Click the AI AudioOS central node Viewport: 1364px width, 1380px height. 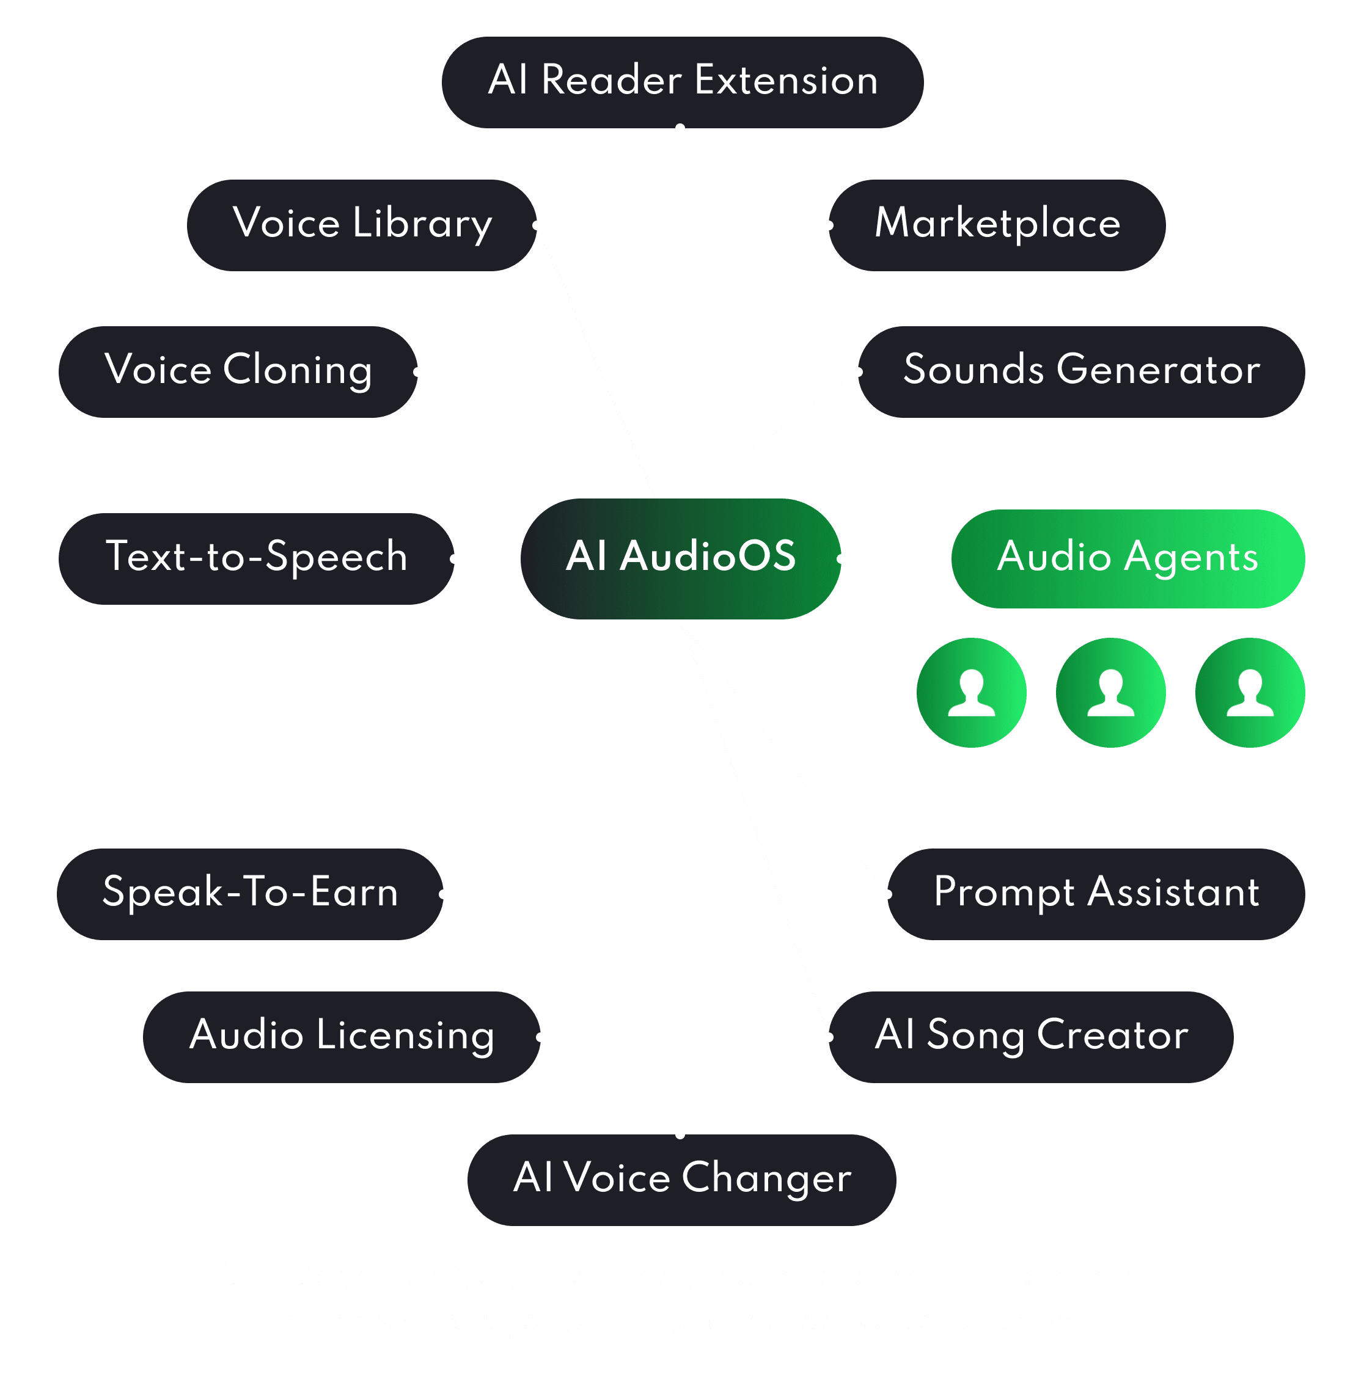680,558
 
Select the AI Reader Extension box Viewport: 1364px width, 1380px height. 683,82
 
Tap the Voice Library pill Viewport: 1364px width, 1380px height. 362,225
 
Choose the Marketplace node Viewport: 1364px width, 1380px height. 997,225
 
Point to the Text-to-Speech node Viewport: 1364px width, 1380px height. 256,558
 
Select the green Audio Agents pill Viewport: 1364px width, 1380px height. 1127,558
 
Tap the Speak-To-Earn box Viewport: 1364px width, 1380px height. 249,894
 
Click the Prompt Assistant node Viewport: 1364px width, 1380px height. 1096,894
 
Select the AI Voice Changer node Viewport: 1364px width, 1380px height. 681,1179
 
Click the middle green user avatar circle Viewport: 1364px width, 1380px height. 1110,692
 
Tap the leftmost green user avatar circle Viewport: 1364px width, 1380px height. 971,692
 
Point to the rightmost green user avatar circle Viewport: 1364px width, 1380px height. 1250,692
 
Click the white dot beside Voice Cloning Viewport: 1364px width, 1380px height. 418,371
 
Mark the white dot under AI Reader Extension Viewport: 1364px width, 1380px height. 680,128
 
